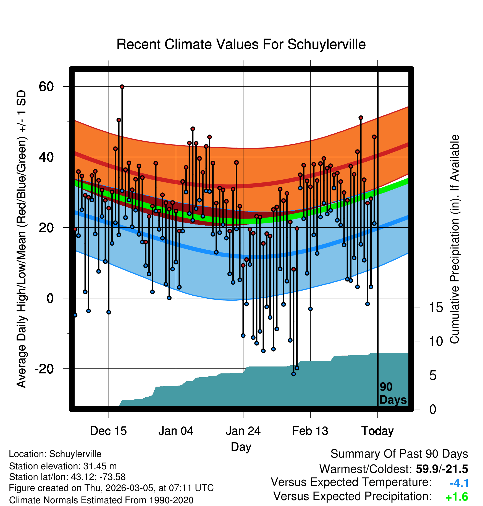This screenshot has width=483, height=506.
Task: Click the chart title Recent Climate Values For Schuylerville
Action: [x=241, y=44]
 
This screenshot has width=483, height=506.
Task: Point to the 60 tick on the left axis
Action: [x=46, y=87]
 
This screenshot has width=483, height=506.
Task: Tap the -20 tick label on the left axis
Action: [x=44, y=369]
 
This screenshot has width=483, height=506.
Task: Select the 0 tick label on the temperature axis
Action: [x=50, y=298]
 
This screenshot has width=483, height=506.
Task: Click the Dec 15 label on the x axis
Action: [x=108, y=431]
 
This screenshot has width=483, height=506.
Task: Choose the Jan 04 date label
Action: [x=176, y=431]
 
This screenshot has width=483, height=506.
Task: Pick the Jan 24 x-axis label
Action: [x=243, y=431]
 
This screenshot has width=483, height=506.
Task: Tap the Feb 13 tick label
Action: [x=310, y=431]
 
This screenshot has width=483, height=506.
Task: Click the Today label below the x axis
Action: [x=377, y=431]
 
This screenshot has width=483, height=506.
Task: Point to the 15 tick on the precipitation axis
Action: [x=436, y=308]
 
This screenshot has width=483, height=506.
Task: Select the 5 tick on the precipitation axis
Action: [x=433, y=376]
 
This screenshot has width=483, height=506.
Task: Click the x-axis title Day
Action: [x=241, y=447]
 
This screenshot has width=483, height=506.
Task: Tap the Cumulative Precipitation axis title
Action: [x=455, y=239]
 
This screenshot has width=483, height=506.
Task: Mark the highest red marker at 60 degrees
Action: [x=122, y=87]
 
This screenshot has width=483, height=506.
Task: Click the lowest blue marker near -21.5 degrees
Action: [x=293, y=374]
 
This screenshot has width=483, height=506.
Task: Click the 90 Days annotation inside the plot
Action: [x=393, y=393]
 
